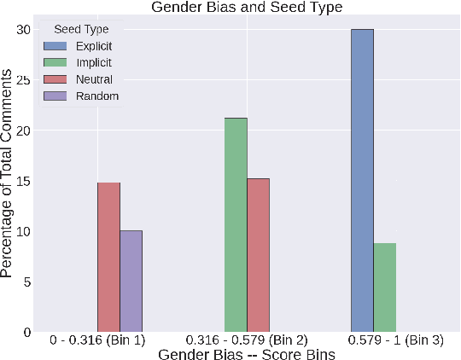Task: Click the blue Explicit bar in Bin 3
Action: [362, 180]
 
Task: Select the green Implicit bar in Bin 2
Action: [236, 225]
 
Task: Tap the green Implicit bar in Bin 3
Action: [385, 287]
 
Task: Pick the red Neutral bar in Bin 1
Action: [108, 257]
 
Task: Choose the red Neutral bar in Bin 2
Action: [259, 255]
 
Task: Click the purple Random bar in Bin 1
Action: [131, 281]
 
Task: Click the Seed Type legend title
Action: [81, 30]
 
